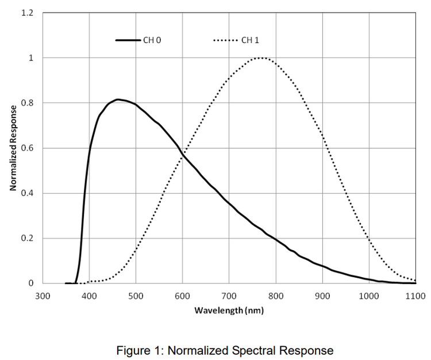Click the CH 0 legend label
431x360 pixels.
(152, 40)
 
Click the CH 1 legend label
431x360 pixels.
(250, 40)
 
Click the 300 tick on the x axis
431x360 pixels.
(42, 296)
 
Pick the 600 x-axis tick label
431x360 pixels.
(182, 296)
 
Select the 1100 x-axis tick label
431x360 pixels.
(415, 296)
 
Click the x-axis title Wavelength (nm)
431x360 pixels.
(229, 311)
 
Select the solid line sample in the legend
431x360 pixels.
(128, 40)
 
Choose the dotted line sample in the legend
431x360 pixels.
(226, 40)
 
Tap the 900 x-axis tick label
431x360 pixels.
(322, 296)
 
